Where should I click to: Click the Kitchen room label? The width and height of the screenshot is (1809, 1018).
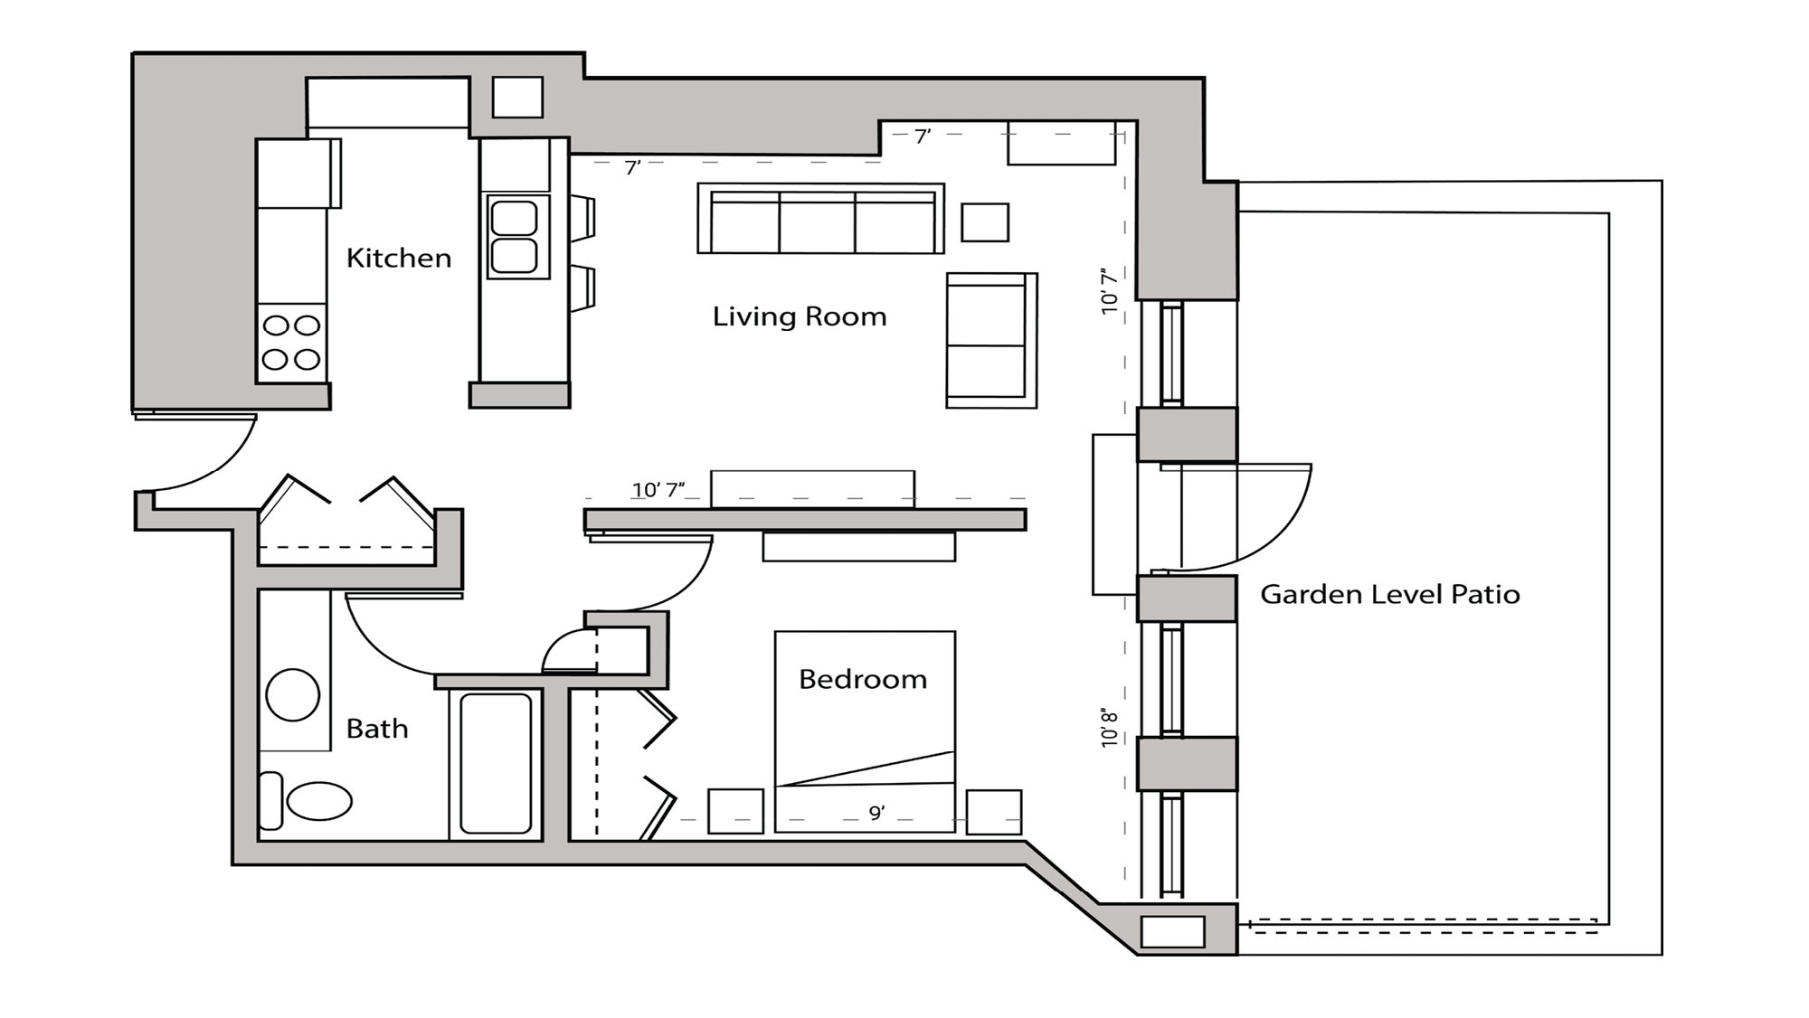[x=398, y=259]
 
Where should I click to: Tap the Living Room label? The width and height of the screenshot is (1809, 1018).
[x=799, y=316]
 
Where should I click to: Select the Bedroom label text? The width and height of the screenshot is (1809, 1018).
[x=862, y=679]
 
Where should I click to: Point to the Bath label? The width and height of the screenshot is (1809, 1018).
[x=376, y=729]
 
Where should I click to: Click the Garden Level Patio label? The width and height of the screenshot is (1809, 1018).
[x=1389, y=595]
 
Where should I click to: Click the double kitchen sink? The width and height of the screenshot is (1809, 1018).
[x=515, y=236]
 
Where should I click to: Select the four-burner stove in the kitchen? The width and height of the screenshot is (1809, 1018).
[x=291, y=343]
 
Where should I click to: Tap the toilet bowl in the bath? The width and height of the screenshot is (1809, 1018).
[x=318, y=801]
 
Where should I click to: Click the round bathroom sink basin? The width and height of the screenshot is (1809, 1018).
[x=293, y=694]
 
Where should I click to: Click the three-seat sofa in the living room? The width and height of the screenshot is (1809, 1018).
[x=820, y=220]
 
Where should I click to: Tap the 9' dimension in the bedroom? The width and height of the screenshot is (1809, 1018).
[x=876, y=813]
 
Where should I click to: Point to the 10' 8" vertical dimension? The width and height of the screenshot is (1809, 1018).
[x=1110, y=728]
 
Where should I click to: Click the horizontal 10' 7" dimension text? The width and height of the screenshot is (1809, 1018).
[x=658, y=490]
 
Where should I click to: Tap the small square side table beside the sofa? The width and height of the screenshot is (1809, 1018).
[x=984, y=222]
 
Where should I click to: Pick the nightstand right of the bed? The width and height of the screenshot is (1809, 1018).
[x=993, y=812]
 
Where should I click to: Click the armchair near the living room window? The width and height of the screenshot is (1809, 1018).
[x=990, y=340]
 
